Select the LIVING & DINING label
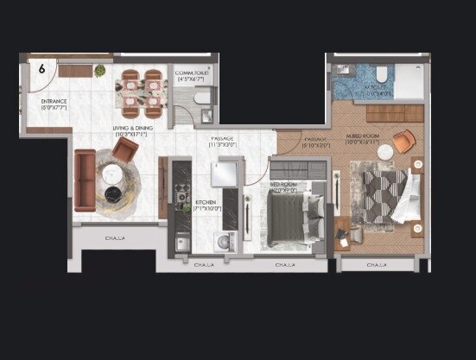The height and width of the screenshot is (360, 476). point(132,130)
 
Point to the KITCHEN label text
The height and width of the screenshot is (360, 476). point(207,205)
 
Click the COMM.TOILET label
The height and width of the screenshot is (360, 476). point(193,75)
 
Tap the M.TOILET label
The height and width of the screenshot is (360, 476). point(378,90)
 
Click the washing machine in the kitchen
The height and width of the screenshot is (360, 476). point(224,242)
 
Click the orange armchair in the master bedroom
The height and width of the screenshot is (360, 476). point(403,142)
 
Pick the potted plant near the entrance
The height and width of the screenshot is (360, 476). point(100,70)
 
